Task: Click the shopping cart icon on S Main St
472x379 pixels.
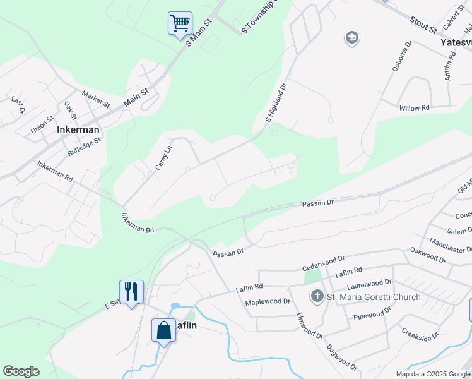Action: click(180, 23)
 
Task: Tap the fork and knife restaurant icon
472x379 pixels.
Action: click(131, 292)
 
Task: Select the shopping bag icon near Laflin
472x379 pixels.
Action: click(163, 330)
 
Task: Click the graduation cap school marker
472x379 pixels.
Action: click(351, 39)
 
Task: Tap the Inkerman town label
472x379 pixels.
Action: click(78, 129)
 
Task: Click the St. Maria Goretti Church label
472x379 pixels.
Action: click(374, 297)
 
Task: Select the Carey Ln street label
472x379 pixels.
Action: click(164, 157)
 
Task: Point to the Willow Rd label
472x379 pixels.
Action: click(414, 108)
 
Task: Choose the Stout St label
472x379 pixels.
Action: click(423, 26)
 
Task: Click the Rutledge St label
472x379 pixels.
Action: click(83, 148)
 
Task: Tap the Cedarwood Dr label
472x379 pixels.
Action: click(322, 258)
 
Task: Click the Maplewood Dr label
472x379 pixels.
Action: click(267, 302)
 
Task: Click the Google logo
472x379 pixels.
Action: click(21, 371)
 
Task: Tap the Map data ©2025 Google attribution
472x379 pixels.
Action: click(433, 374)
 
